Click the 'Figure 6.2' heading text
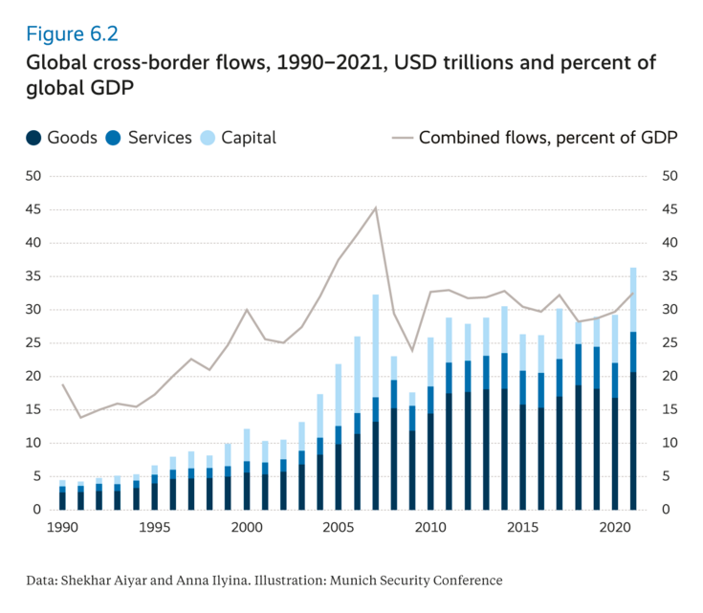coord(72,33)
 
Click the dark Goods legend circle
coord(34,138)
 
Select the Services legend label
coord(160,138)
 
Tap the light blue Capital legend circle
coord(207,138)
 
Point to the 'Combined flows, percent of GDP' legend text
coord(548,138)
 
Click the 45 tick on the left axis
coord(33,209)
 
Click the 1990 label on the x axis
coord(63,528)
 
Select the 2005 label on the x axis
coord(338,528)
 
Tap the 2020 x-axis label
coord(613,528)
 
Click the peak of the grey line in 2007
coord(375,208)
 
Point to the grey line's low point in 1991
coord(81,417)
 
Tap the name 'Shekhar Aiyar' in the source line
coord(99,580)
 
